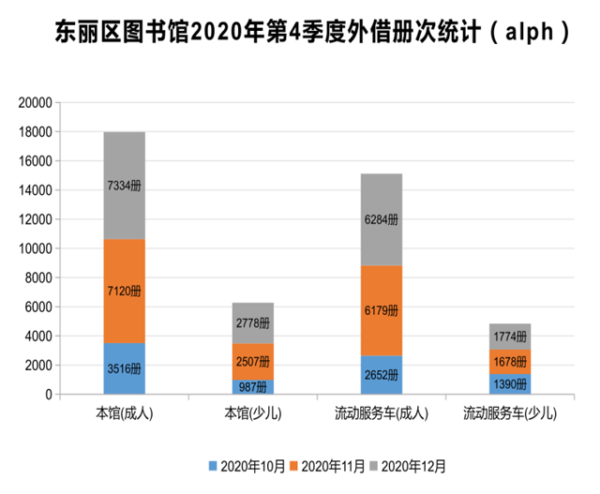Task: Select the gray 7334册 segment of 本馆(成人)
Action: [124, 186]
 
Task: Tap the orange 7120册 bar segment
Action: [124, 291]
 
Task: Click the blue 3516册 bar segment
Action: [124, 368]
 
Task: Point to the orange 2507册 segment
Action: [253, 362]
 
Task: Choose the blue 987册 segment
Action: [253, 387]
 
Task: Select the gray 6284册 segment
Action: [382, 219]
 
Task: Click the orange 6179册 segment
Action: [382, 310]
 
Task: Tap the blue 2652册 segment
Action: [382, 375]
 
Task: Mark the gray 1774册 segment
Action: [510, 337]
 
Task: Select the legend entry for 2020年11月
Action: [330, 465]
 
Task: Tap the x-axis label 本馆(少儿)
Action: [253, 413]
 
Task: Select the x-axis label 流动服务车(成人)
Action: [382, 413]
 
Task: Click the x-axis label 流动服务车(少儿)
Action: [510, 413]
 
